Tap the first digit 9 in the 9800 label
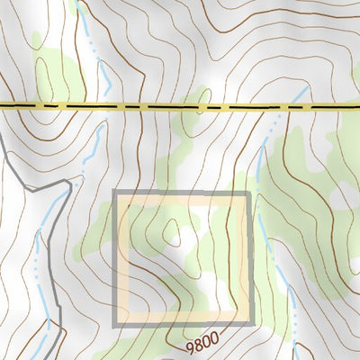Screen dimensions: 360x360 tap(192, 347)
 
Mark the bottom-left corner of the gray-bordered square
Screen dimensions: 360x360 tap(114, 323)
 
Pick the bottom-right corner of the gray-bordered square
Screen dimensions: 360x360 tap(248, 323)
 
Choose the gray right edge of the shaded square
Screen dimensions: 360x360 tap(248, 261)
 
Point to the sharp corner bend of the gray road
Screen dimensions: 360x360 tap(69, 183)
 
